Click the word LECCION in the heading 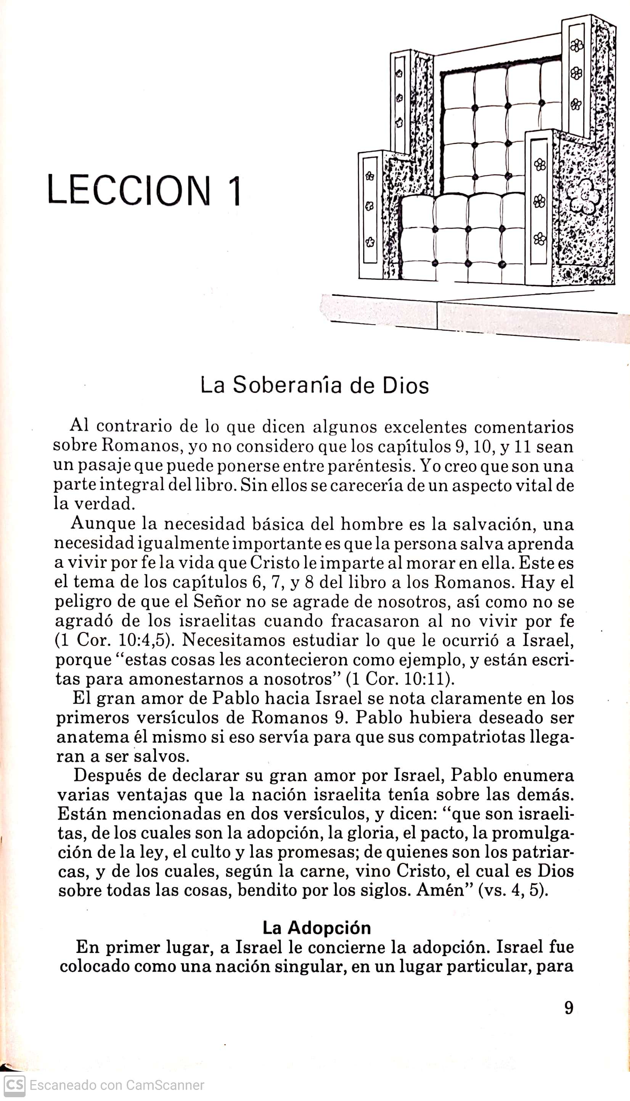pos(129,190)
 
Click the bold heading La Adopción pos(317,928)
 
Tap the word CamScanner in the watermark pos(165,1085)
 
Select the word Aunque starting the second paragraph pos(103,524)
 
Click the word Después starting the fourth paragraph pos(106,775)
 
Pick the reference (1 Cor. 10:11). pos(400,679)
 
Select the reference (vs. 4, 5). pos(512,891)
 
